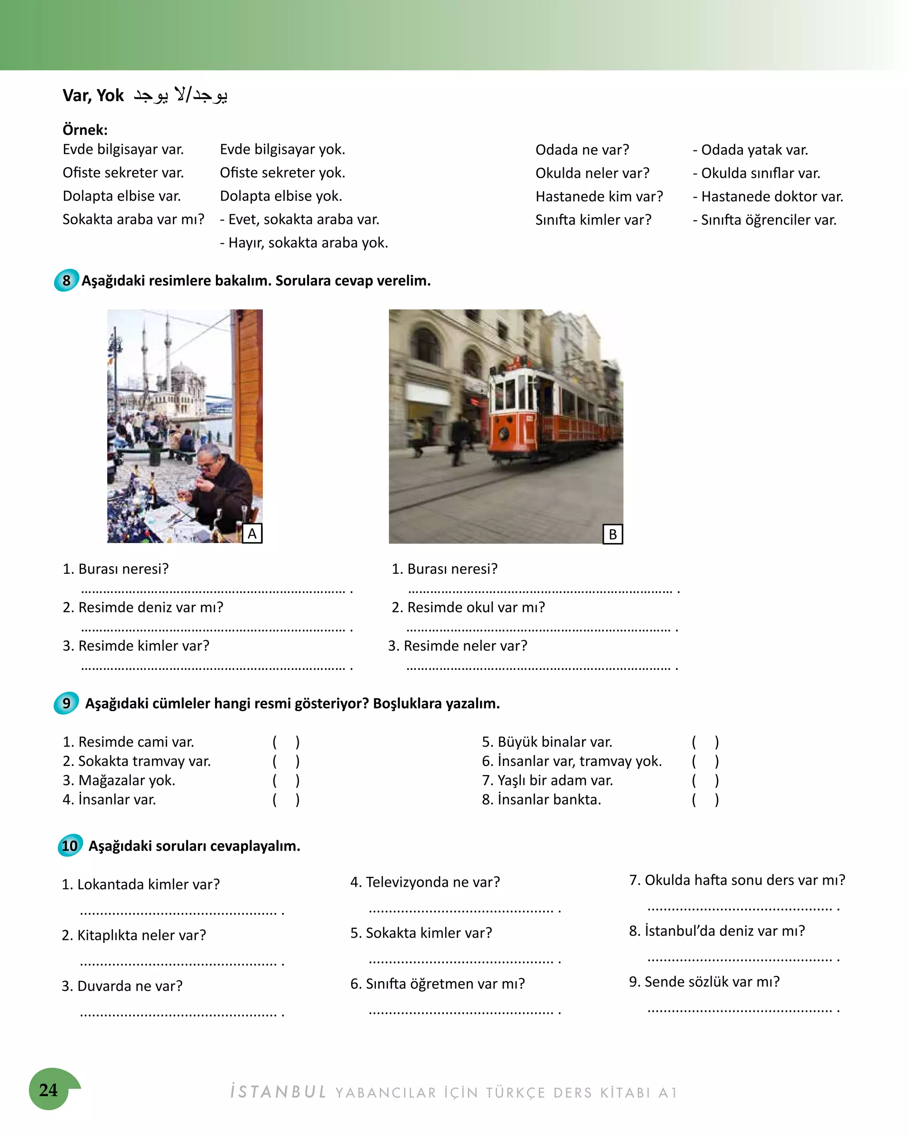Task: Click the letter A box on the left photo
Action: coord(252,534)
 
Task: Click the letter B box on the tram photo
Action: coord(612,534)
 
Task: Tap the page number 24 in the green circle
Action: coord(48,1089)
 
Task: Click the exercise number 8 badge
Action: coord(67,281)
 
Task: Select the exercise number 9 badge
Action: coord(67,703)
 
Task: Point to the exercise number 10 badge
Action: coord(70,845)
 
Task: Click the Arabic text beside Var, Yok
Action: coord(180,95)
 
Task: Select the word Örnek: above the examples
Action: coord(85,129)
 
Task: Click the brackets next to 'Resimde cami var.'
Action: coord(286,742)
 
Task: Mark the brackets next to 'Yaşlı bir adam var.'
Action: coord(705,780)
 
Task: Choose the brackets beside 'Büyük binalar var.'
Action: coord(705,742)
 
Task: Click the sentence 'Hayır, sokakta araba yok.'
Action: coord(304,243)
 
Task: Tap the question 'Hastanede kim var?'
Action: coord(599,196)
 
